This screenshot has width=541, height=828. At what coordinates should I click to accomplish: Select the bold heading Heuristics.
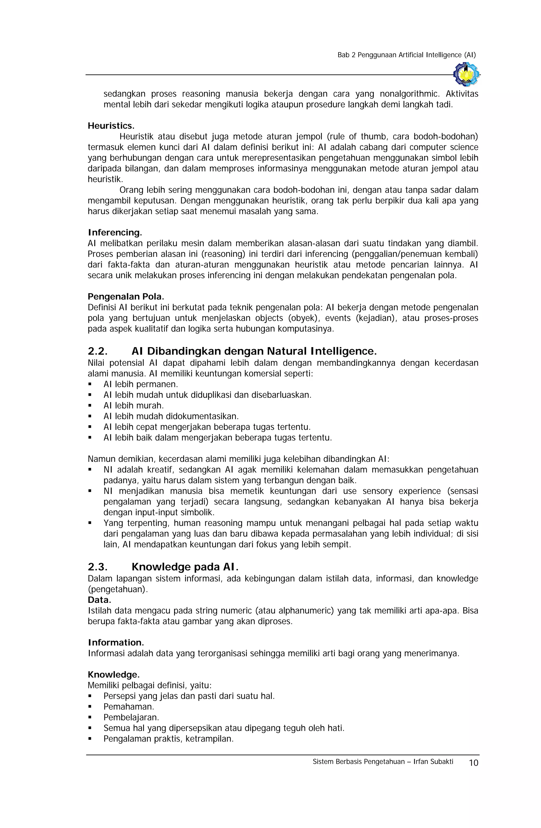[x=111, y=126]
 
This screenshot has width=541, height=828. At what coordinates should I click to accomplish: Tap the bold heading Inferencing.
[x=115, y=232]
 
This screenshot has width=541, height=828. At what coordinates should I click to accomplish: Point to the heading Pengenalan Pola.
[x=125, y=297]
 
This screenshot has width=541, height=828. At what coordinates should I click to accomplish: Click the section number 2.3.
[x=98, y=567]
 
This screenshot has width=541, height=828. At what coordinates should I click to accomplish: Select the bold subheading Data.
[x=99, y=600]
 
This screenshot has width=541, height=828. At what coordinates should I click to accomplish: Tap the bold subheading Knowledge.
[x=114, y=675]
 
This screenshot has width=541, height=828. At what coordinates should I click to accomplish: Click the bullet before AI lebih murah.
[x=90, y=406]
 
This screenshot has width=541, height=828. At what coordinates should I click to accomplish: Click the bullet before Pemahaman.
[x=90, y=707]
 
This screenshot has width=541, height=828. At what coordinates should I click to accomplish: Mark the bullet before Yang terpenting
[x=90, y=523]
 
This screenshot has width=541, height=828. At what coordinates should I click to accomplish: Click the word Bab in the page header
[x=343, y=55]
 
